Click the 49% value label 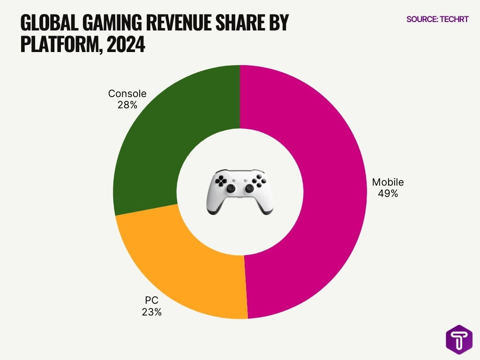coord(388,193)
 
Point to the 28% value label coord(127,105)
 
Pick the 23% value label coord(151,312)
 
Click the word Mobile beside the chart coord(388,182)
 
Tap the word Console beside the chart coord(127,94)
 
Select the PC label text coord(151,300)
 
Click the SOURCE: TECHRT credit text coord(437,20)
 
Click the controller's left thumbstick coord(231,188)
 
